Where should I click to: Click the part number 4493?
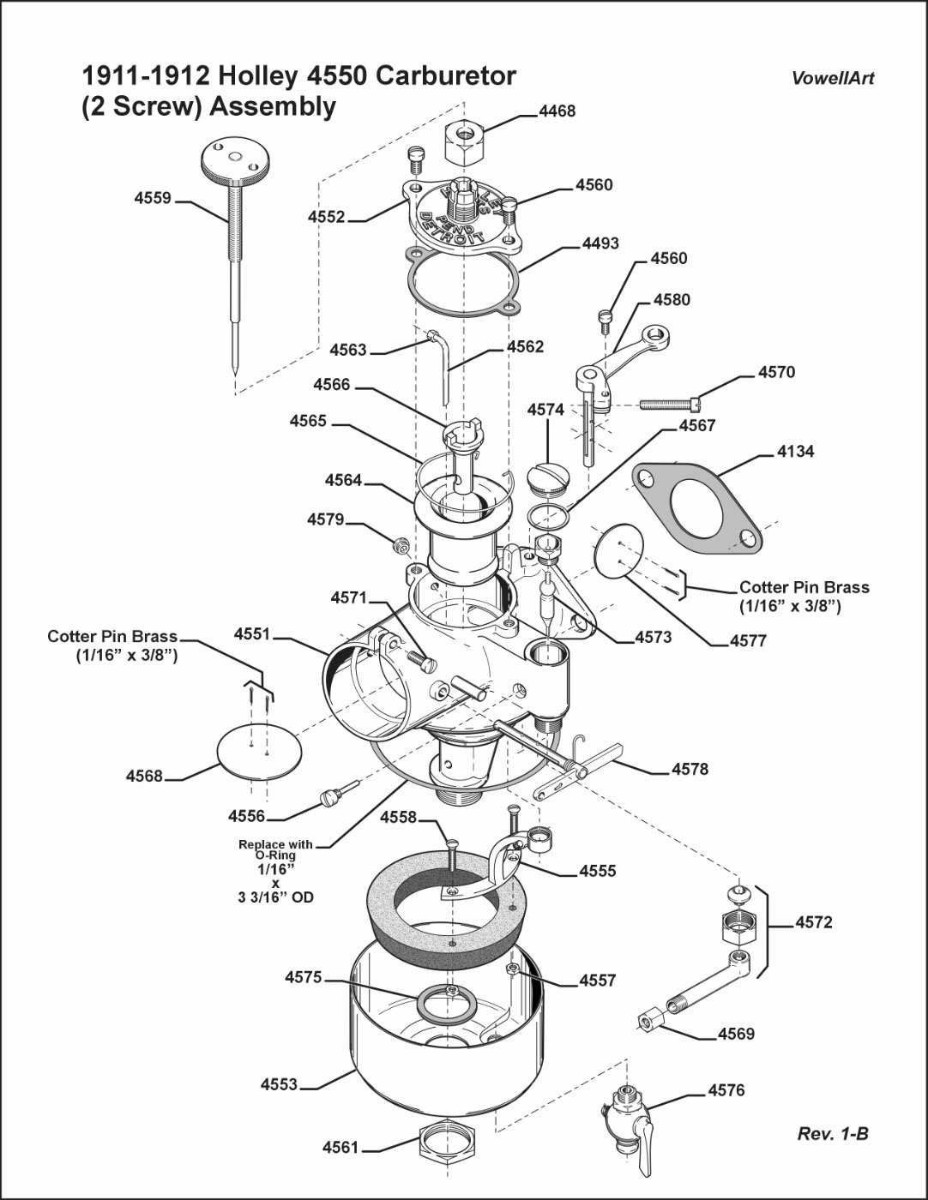[600, 244]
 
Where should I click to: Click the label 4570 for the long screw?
[776, 373]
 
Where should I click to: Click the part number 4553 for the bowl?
[279, 1085]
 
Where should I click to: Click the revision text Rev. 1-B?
[832, 1134]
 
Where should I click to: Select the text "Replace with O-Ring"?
[275, 849]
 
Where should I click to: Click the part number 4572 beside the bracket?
[813, 923]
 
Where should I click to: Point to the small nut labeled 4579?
[398, 543]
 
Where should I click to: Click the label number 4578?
[690, 770]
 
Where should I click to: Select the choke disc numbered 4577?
[618, 550]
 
